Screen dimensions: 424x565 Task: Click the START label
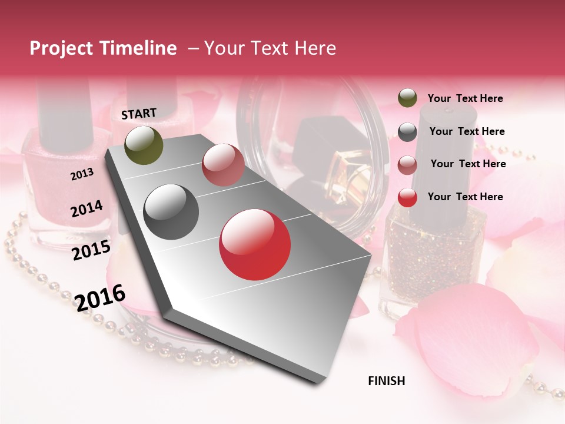click(139, 114)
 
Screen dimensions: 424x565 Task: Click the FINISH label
click(386, 381)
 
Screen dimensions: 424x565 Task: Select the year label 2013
click(82, 174)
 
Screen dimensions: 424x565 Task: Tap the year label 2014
click(87, 208)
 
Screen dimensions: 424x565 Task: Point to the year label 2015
click(91, 250)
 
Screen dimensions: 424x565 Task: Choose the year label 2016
click(100, 297)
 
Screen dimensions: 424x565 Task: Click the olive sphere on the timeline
click(144, 145)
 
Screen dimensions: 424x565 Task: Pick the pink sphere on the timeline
click(223, 165)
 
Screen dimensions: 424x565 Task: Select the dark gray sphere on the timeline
click(171, 212)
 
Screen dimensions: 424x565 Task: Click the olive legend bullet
click(407, 98)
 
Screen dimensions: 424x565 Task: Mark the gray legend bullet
click(407, 132)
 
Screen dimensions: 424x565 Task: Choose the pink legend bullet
click(407, 165)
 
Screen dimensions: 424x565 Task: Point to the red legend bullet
click(407, 197)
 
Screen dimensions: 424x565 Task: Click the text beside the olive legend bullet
click(465, 98)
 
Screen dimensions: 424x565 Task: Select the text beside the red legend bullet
click(465, 197)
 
